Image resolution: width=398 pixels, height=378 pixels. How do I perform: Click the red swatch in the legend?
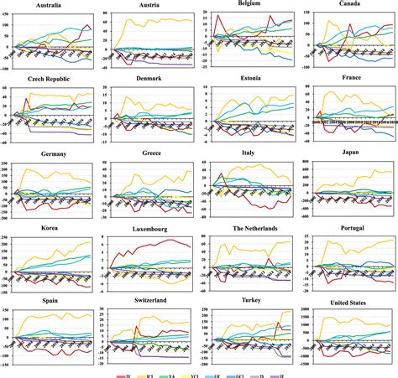tap(123, 369)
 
